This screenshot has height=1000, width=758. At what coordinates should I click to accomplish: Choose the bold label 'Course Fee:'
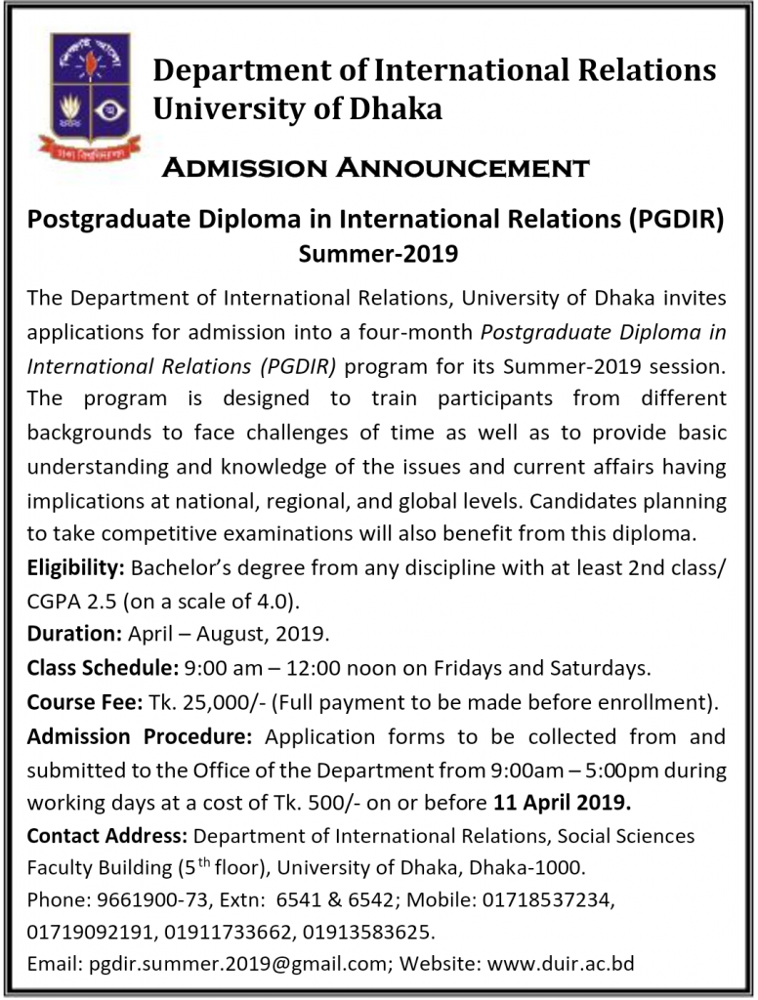point(85,701)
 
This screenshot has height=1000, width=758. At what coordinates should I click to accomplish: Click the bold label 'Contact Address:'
point(108,836)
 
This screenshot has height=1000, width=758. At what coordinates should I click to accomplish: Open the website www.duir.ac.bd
point(561,963)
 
